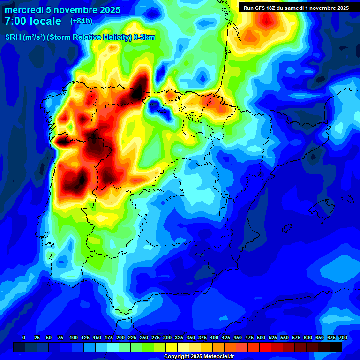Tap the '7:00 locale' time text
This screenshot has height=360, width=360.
[x=33, y=21]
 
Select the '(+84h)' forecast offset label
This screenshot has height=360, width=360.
[x=81, y=21]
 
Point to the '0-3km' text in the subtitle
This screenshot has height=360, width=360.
[x=144, y=37]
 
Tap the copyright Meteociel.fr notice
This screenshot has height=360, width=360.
[x=199, y=356]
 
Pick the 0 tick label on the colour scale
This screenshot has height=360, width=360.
[x=24, y=337]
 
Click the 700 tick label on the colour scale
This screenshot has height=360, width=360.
[x=343, y=337]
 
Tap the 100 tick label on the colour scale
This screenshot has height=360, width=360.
[x=74, y=337]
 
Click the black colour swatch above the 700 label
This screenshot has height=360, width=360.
[x=336, y=346]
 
